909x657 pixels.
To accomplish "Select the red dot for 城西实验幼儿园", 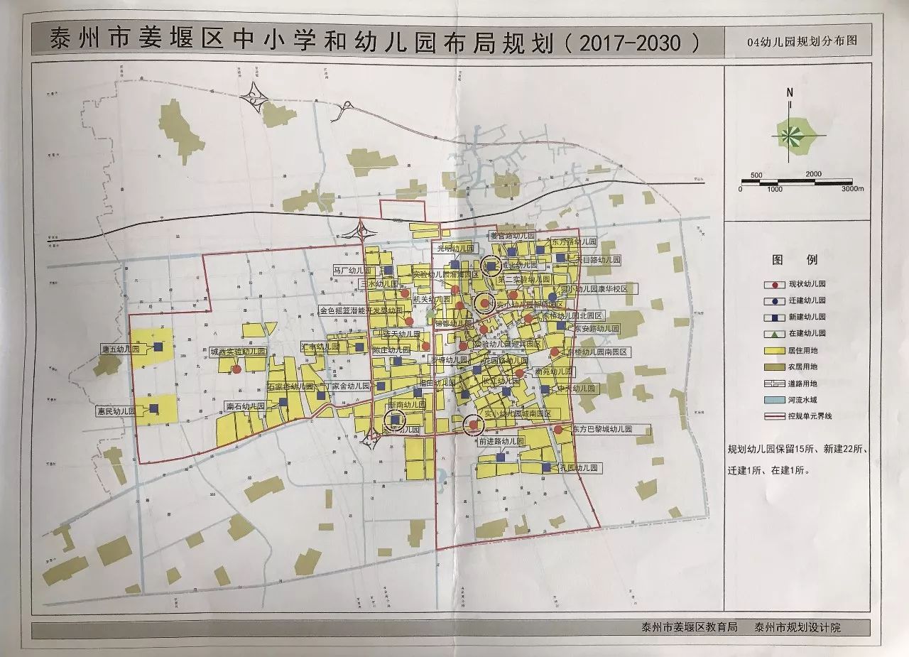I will [236, 369].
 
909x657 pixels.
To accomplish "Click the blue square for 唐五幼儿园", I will [157, 347].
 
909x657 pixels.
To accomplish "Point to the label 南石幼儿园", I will [245, 406].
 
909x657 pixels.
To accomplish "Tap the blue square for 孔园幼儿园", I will [545, 468].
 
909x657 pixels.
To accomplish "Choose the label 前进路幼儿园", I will [501, 440].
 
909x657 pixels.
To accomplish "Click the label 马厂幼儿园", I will [354, 271].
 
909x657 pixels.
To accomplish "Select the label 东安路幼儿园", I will [596, 329].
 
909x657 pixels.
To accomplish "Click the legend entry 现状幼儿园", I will [803, 283].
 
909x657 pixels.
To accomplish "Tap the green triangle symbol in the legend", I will [768, 333].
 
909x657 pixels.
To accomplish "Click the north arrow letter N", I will [790, 92].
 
